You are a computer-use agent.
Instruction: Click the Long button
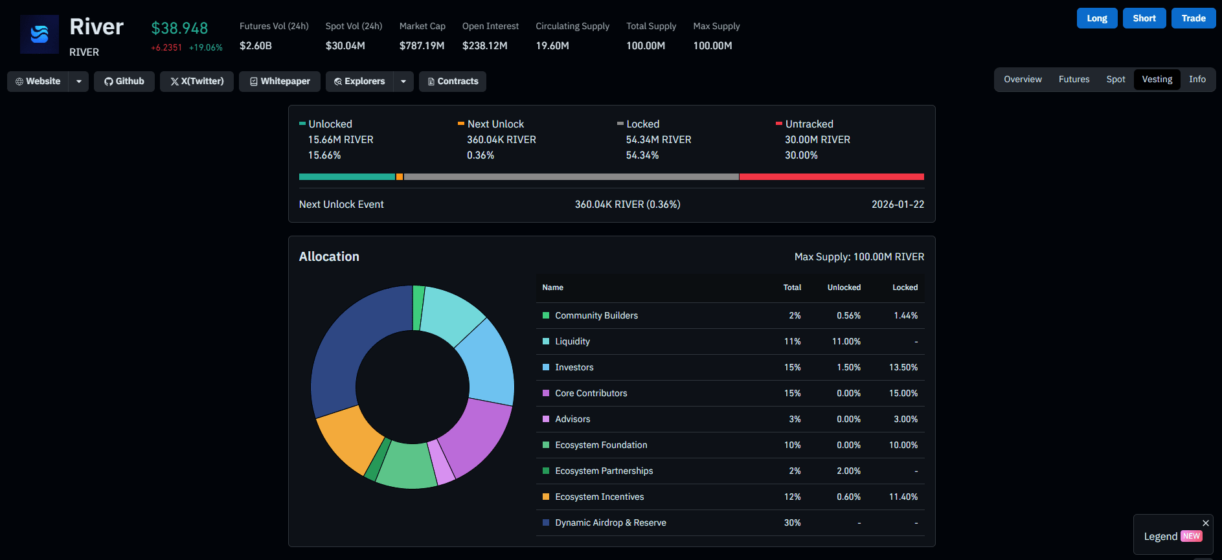click(x=1097, y=18)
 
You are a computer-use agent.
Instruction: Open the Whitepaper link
click(x=280, y=82)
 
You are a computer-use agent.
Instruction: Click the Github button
click(x=124, y=82)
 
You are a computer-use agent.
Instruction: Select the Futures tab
click(x=1074, y=80)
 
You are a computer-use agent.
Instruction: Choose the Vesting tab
click(x=1157, y=80)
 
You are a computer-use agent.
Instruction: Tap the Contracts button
click(x=453, y=82)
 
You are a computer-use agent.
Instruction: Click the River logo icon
click(x=40, y=34)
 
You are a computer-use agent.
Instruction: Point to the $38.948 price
click(x=179, y=28)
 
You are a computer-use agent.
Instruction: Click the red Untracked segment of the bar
click(x=832, y=177)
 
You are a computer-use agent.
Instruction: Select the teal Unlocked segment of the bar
click(x=347, y=177)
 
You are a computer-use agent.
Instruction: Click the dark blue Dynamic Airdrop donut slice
click(x=350, y=343)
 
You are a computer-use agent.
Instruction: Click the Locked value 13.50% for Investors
click(x=903, y=368)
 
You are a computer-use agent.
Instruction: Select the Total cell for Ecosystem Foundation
click(x=793, y=445)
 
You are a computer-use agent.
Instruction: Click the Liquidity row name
click(x=572, y=342)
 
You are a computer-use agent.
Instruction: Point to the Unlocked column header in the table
click(x=844, y=287)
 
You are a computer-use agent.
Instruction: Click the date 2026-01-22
click(x=898, y=205)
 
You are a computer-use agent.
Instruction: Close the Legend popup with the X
click(x=1206, y=523)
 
